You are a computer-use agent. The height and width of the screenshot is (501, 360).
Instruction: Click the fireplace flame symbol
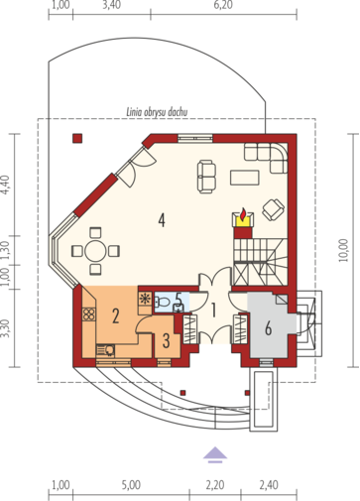point(243,214)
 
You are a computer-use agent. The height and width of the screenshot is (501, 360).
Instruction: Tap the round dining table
point(95,251)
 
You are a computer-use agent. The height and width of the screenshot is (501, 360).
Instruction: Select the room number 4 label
point(162,220)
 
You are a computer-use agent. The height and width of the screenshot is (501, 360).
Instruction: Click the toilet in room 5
point(162,301)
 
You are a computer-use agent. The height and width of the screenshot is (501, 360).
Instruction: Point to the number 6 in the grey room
point(268,328)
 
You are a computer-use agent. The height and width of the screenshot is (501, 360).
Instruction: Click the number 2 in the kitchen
point(115,315)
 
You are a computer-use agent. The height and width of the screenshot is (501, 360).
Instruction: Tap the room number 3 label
point(166,340)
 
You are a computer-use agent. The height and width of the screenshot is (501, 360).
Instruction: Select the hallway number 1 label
point(213,311)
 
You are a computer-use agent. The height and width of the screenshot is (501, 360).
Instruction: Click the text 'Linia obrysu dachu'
point(157,112)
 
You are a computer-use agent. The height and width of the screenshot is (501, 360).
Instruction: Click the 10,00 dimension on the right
point(344,250)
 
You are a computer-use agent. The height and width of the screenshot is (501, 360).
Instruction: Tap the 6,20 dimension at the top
point(223,5)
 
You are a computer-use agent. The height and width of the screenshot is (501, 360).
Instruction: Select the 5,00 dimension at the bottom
point(131,485)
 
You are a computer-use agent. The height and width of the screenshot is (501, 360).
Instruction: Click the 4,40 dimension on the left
point(6,185)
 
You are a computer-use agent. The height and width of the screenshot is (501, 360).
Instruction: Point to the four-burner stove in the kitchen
point(89,314)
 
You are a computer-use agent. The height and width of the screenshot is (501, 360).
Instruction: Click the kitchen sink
point(105,350)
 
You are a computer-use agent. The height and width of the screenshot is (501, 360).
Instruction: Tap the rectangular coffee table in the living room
point(245,178)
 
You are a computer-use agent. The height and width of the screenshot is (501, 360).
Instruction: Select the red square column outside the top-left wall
point(77,138)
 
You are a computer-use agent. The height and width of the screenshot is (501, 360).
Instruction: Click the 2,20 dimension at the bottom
point(215,485)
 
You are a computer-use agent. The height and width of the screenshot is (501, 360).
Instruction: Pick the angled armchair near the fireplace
point(274,209)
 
